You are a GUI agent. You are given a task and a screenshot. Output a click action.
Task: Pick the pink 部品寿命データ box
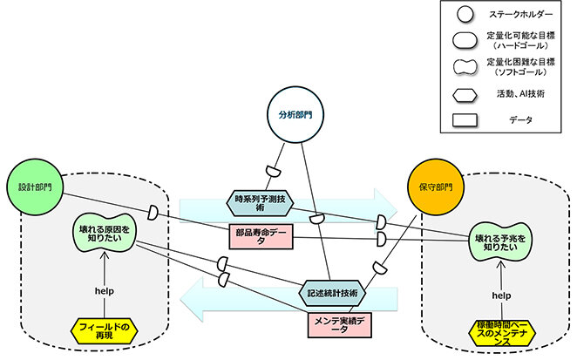(257, 238)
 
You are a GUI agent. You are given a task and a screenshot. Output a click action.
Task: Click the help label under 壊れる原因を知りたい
(104, 290)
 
